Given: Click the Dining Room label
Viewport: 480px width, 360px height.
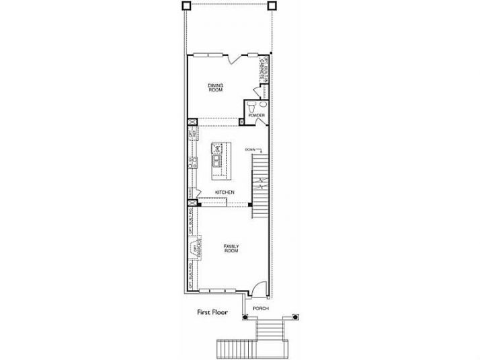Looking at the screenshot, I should coord(215,88).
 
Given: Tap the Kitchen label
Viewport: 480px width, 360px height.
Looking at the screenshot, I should coord(225,192).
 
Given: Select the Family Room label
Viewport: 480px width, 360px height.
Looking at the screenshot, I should coord(231,249).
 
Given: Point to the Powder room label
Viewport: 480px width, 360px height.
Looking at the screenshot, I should coord(256,116).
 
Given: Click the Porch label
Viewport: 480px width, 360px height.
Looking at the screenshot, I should coord(261,308).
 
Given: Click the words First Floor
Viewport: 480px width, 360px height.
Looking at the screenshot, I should coord(212,312).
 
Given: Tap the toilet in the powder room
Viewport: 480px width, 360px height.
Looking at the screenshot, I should coord(251,106).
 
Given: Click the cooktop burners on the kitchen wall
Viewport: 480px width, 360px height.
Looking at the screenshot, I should coord(192,161).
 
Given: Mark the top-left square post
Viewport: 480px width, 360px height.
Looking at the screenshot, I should coord(186,5).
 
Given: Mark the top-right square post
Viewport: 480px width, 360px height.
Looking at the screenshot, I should coord(272,5).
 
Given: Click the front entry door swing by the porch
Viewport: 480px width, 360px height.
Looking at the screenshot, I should coord(255,288).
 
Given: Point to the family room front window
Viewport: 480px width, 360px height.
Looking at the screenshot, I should coord(214,291).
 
